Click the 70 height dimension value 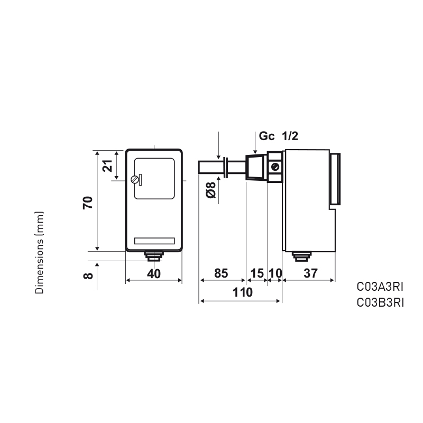coord(88,203)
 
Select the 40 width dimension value coord(154,273)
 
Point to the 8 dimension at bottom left coord(88,275)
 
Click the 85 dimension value coord(221,273)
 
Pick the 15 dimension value coord(257,273)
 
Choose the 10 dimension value coord(275,273)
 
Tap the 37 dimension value coord(310,273)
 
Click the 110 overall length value coord(243,292)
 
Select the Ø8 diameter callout coord(211,190)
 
